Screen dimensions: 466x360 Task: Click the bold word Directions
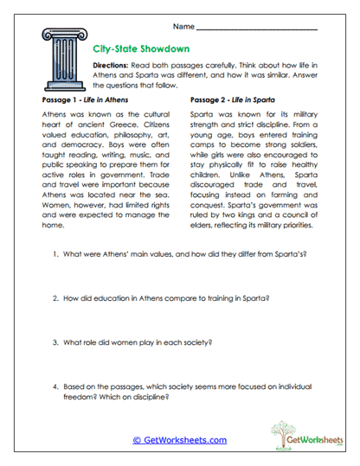tap(113, 66)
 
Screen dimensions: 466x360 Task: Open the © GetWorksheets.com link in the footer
tap(180, 440)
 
